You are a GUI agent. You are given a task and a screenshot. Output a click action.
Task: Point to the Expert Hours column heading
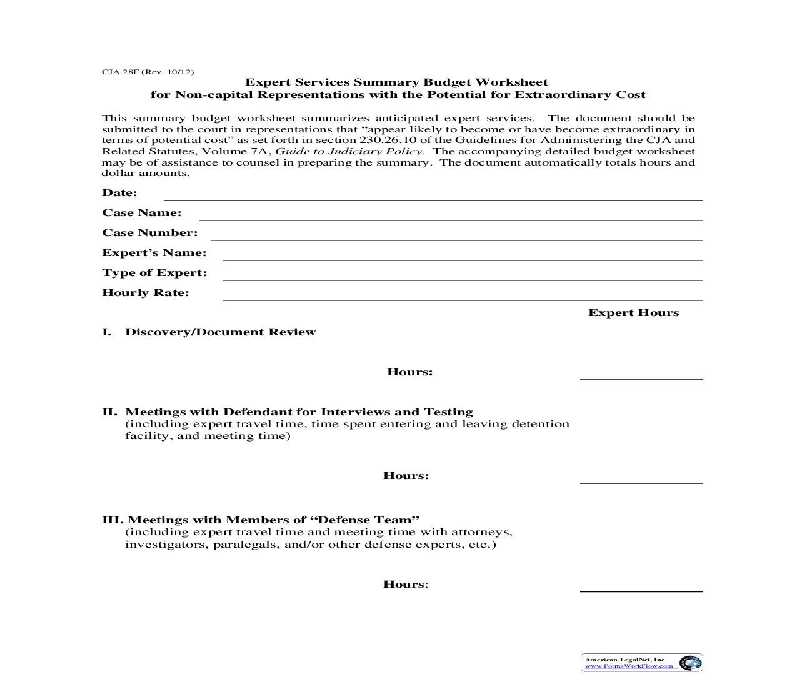click(x=633, y=313)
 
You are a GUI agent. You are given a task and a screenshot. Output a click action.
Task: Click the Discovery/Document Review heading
click(x=220, y=332)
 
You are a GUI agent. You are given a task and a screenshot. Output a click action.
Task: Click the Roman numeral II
click(x=109, y=412)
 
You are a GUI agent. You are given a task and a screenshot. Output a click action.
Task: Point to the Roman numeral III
click(x=113, y=520)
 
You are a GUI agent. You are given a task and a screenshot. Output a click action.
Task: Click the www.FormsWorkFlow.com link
click(x=629, y=666)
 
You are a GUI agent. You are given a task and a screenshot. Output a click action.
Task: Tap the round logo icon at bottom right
click(x=690, y=663)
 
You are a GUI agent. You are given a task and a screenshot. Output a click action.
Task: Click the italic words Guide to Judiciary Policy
click(x=349, y=151)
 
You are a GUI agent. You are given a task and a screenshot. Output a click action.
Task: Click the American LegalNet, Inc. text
click(x=625, y=660)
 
